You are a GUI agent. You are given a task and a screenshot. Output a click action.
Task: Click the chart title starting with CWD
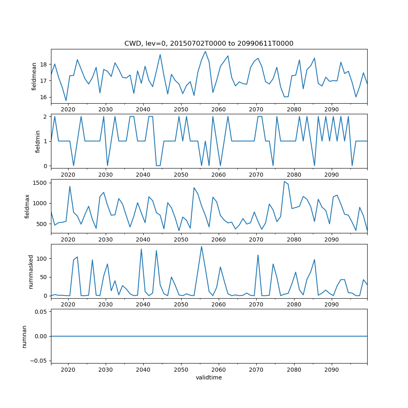[208, 43]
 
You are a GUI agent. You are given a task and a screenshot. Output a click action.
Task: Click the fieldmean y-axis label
[34, 76]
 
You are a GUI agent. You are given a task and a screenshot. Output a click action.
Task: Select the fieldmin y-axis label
[38, 141]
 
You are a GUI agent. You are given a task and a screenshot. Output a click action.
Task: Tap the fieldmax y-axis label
[28, 206]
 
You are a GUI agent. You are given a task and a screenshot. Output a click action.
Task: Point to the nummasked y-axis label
[31, 271]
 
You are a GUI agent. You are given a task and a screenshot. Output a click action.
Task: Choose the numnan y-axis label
[24, 336]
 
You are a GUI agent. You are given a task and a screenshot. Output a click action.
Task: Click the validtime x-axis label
[208, 377]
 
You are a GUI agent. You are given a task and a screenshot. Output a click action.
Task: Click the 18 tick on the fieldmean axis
[45, 64]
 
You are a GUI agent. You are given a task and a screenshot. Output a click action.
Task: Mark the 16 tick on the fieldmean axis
[45, 97]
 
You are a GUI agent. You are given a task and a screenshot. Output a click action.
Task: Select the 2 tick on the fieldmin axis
[47, 117]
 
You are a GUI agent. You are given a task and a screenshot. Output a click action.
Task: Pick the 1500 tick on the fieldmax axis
[41, 182]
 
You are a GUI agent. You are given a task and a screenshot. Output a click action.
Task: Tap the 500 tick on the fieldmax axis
[43, 224]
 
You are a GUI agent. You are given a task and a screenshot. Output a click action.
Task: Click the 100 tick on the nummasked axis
[43, 259]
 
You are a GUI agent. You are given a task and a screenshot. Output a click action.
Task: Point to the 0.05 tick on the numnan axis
[42, 312]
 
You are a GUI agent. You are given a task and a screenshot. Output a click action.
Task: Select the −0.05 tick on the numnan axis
[40, 361]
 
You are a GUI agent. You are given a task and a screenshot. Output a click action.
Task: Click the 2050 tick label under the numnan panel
[181, 369]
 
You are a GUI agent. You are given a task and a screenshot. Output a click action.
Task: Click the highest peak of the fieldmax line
[284, 182]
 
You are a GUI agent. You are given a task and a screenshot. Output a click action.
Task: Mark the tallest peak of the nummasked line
[202, 246]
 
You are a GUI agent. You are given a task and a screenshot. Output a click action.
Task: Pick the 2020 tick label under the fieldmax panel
[68, 239]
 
